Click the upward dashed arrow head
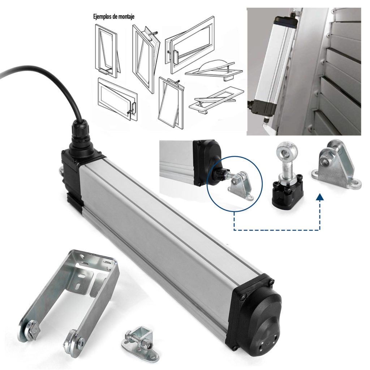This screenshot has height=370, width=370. [320, 197]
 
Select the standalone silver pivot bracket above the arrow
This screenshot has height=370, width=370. [334, 164]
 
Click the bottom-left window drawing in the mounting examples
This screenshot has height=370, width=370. [117, 99]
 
